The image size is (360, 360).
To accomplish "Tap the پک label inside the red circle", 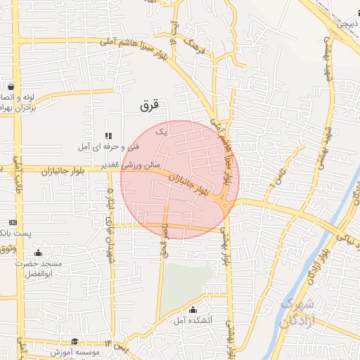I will (x=161, y=131).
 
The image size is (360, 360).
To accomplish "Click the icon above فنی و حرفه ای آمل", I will (x=108, y=136).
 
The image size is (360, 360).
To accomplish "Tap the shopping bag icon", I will (x=11, y=86).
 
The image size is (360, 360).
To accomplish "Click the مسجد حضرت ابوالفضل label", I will (x=43, y=268).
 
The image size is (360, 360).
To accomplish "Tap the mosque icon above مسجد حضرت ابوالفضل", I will (x=38, y=253).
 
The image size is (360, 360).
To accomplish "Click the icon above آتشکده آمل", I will (x=193, y=310).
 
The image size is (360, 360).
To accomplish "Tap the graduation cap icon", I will (x=75, y=341).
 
